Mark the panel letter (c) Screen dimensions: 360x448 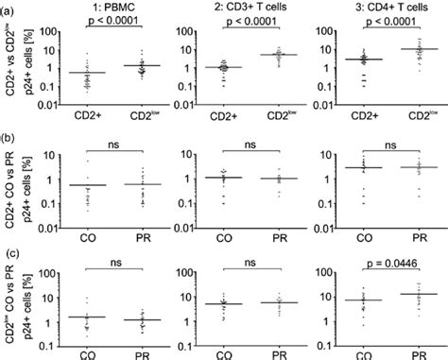coord(10,242)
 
